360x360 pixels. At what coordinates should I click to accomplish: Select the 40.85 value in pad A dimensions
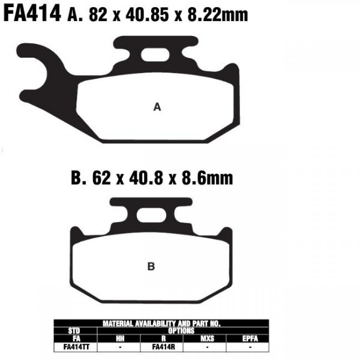click(142, 14)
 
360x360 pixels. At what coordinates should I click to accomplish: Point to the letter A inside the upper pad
click(158, 107)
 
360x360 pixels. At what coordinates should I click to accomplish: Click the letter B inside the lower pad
click(151, 266)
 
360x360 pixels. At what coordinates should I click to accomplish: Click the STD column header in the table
click(76, 331)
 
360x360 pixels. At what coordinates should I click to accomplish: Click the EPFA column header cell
click(251, 338)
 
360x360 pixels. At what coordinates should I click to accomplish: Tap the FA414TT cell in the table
click(76, 346)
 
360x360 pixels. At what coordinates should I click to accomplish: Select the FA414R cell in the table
click(163, 346)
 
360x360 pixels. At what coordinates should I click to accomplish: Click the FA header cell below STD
click(76, 338)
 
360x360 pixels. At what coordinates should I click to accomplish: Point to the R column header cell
click(163, 338)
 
